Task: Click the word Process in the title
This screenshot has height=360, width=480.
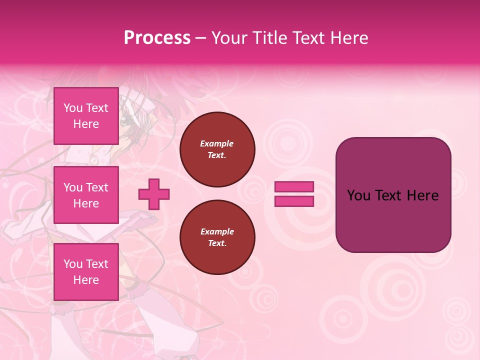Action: (x=157, y=38)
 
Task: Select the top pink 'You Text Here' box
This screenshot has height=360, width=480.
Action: (x=86, y=116)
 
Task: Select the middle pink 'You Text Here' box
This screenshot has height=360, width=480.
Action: (x=86, y=195)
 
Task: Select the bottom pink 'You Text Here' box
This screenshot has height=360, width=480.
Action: (x=86, y=272)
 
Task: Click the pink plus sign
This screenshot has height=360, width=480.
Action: (x=154, y=194)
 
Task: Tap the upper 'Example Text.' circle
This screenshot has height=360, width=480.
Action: (x=217, y=149)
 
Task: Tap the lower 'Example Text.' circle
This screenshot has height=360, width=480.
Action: (x=217, y=237)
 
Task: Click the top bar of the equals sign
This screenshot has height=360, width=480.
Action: (x=294, y=186)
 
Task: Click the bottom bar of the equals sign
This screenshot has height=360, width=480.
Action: (x=294, y=201)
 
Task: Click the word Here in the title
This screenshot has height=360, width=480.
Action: (x=348, y=38)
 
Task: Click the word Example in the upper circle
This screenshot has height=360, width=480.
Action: (x=216, y=143)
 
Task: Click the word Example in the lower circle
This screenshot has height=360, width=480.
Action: (x=216, y=231)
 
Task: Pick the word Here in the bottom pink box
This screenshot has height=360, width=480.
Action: (x=86, y=280)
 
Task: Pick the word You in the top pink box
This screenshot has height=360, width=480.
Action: (x=73, y=108)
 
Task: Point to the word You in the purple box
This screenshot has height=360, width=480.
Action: (x=358, y=195)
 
